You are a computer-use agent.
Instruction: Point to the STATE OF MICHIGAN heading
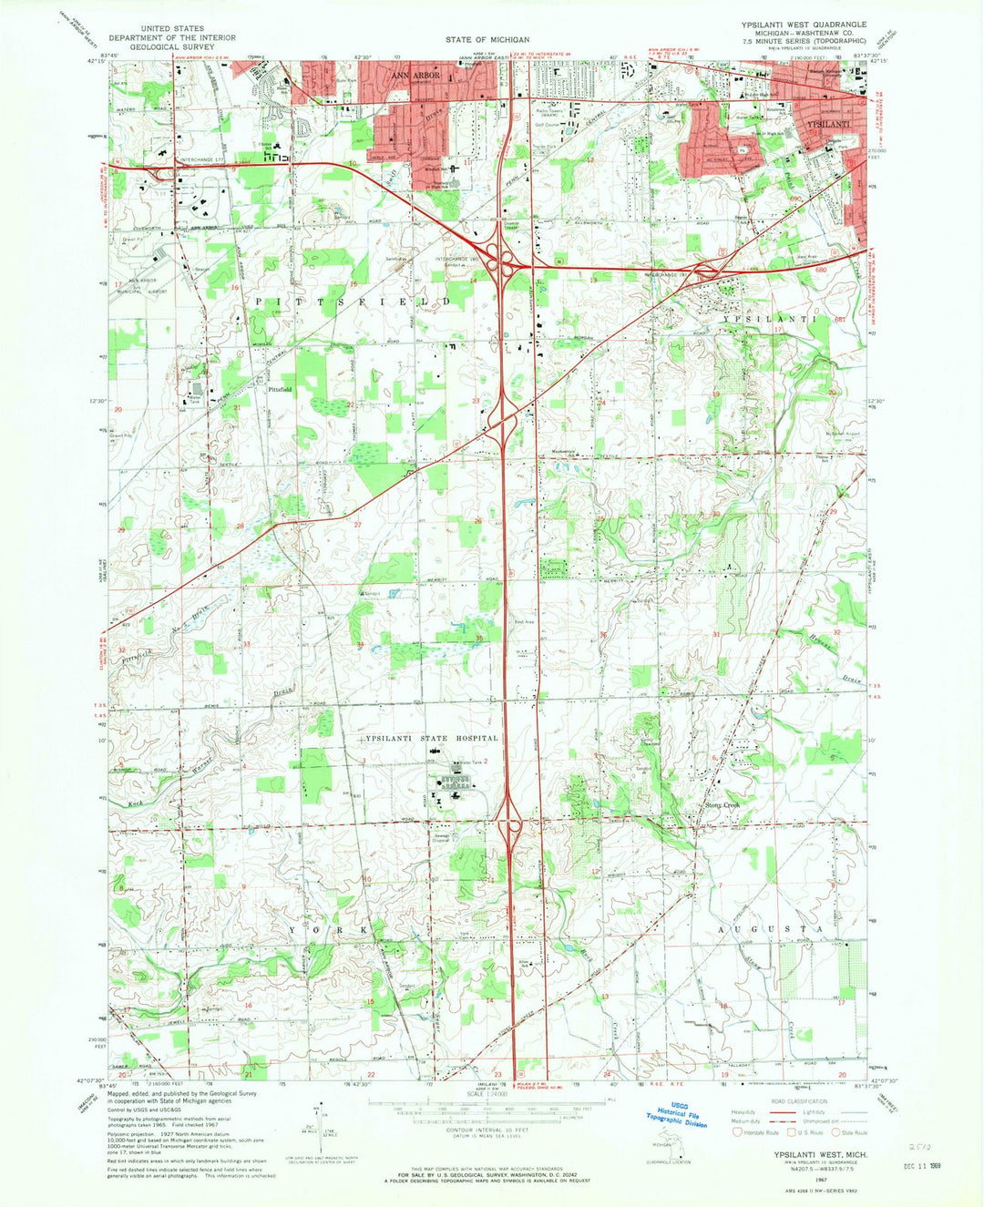coord(487,40)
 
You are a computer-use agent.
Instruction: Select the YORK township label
coord(333,928)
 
